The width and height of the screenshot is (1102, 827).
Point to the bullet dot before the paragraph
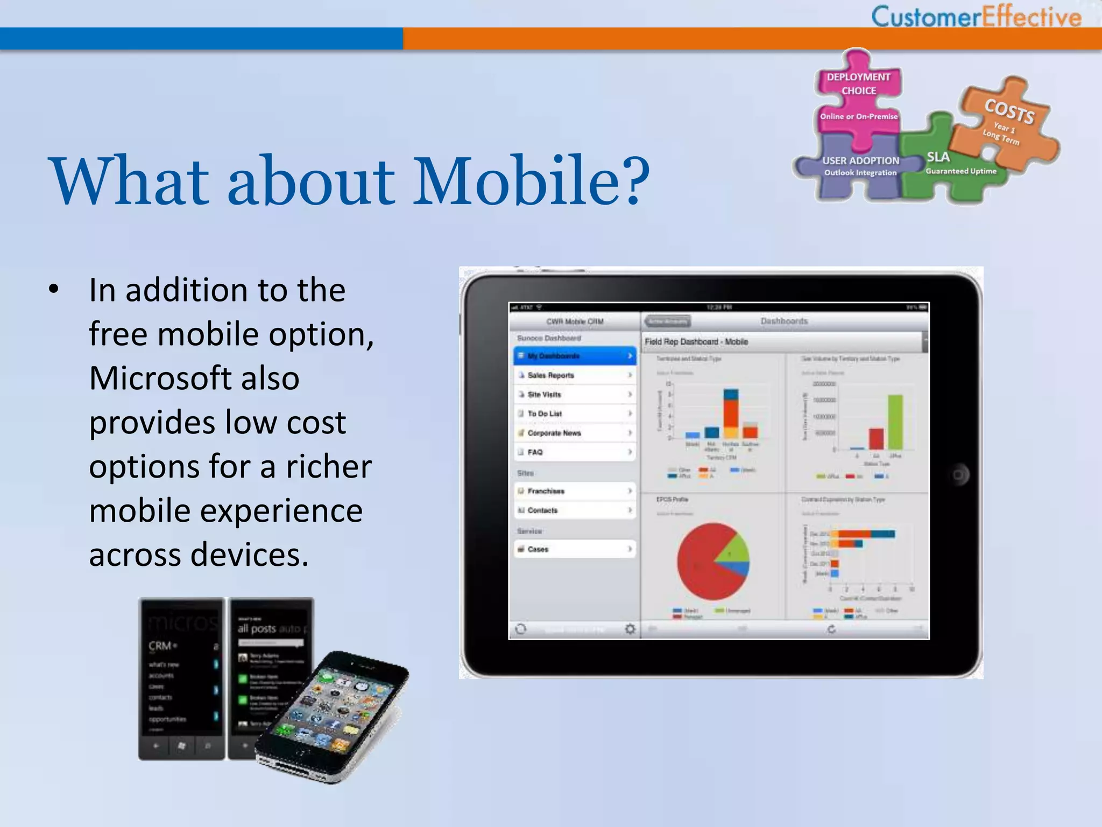click(x=53, y=290)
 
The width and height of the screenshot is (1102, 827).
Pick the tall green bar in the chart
click(x=895, y=422)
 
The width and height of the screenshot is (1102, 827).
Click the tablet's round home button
click(x=958, y=475)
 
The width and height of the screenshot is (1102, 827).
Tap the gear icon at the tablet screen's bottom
click(x=630, y=629)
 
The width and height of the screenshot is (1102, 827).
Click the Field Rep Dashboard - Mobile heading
click(x=696, y=342)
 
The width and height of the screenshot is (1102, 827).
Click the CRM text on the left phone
click(x=160, y=646)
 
